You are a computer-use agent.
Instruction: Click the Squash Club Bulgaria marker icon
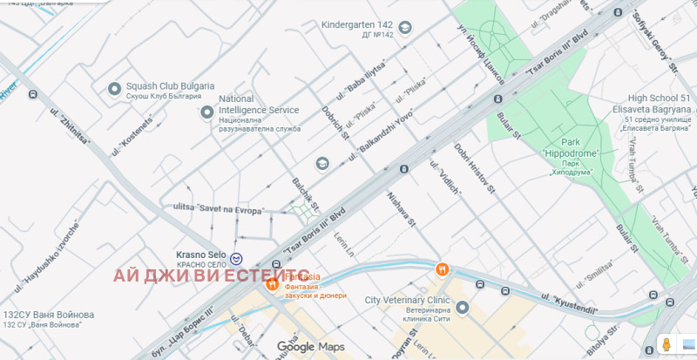[x=113, y=88]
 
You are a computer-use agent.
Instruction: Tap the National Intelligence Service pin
[x=206, y=112]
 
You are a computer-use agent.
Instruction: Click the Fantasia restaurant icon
[x=272, y=282]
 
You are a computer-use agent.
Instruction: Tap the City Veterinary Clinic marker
[x=463, y=308]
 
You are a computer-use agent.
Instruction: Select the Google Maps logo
[x=311, y=347]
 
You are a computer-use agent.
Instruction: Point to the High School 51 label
[x=660, y=105]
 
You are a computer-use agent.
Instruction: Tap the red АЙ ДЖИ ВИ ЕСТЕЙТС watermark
[x=211, y=275]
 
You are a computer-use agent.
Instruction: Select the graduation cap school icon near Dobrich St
[x=321, y=163]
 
